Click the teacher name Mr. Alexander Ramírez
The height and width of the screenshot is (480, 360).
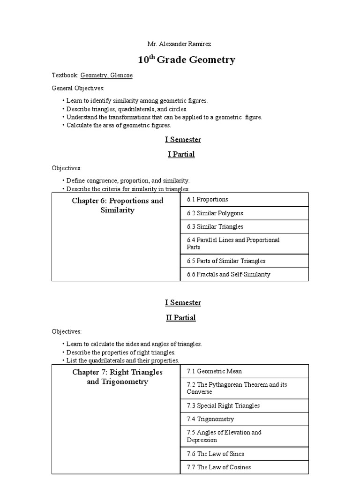[x=180, y=44]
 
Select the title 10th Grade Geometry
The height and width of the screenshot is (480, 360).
[x=186, y=60]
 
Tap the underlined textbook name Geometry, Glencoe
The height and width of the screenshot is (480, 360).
[x=106, y=75]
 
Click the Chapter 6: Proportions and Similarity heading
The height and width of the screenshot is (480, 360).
[x=117, y=205]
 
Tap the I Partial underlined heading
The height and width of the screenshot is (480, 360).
[x=181, y=154]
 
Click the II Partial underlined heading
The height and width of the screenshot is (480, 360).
[x=181, y=318]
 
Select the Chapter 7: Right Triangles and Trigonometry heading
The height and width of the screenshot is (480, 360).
[x=117, y=377]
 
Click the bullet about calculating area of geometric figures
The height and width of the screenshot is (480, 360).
[x=119, y=126]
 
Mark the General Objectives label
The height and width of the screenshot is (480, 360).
[x=78, y=88]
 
